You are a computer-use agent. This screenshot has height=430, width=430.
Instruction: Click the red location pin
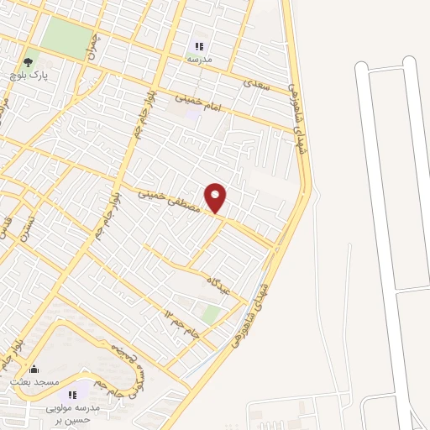point(217,197)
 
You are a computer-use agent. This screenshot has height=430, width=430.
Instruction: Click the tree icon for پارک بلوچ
point(29,61)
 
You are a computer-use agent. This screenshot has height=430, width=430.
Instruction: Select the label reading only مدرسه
point(199,60)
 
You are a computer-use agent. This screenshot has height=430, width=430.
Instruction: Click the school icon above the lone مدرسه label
point(199,46)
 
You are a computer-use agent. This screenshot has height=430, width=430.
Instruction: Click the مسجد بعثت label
point(34,381)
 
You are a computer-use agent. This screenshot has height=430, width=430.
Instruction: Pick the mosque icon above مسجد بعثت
point(34,368)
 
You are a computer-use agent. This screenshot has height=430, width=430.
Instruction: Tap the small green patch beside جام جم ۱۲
point(212,314)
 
